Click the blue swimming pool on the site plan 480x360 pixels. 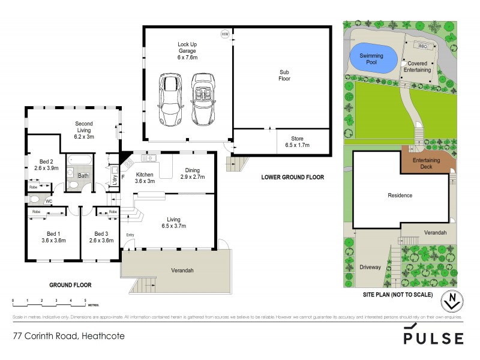(x=373, y=58)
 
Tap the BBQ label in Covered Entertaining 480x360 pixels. (x=422, y=46)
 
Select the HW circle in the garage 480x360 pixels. (x=225, y=34)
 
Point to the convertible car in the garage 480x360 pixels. (x=202, y=99)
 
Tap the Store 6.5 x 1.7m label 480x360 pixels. (x=298, y=142)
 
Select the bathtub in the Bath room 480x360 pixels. (x=79, y=160)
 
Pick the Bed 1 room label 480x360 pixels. (x=54, y=236)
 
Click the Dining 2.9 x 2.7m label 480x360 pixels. (x=193, y=173)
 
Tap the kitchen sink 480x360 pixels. (x=148, y=158)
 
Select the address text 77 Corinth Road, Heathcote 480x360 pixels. (x=70, y=336)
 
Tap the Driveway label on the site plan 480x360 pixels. (x=370, y=267)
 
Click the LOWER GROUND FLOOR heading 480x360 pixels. (x=292, y=177)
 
